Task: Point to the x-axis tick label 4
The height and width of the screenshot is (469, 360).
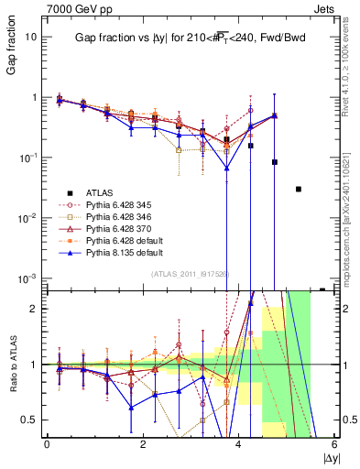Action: point(238,444)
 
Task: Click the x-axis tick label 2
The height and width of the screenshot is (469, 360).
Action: point(142,444)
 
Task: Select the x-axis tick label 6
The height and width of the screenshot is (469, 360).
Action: point(334,444)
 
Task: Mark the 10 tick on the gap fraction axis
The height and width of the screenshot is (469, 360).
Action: point(32,37)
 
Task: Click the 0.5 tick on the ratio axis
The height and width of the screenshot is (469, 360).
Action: point(30,420)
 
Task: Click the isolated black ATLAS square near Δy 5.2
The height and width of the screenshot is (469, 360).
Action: point(299,189)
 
